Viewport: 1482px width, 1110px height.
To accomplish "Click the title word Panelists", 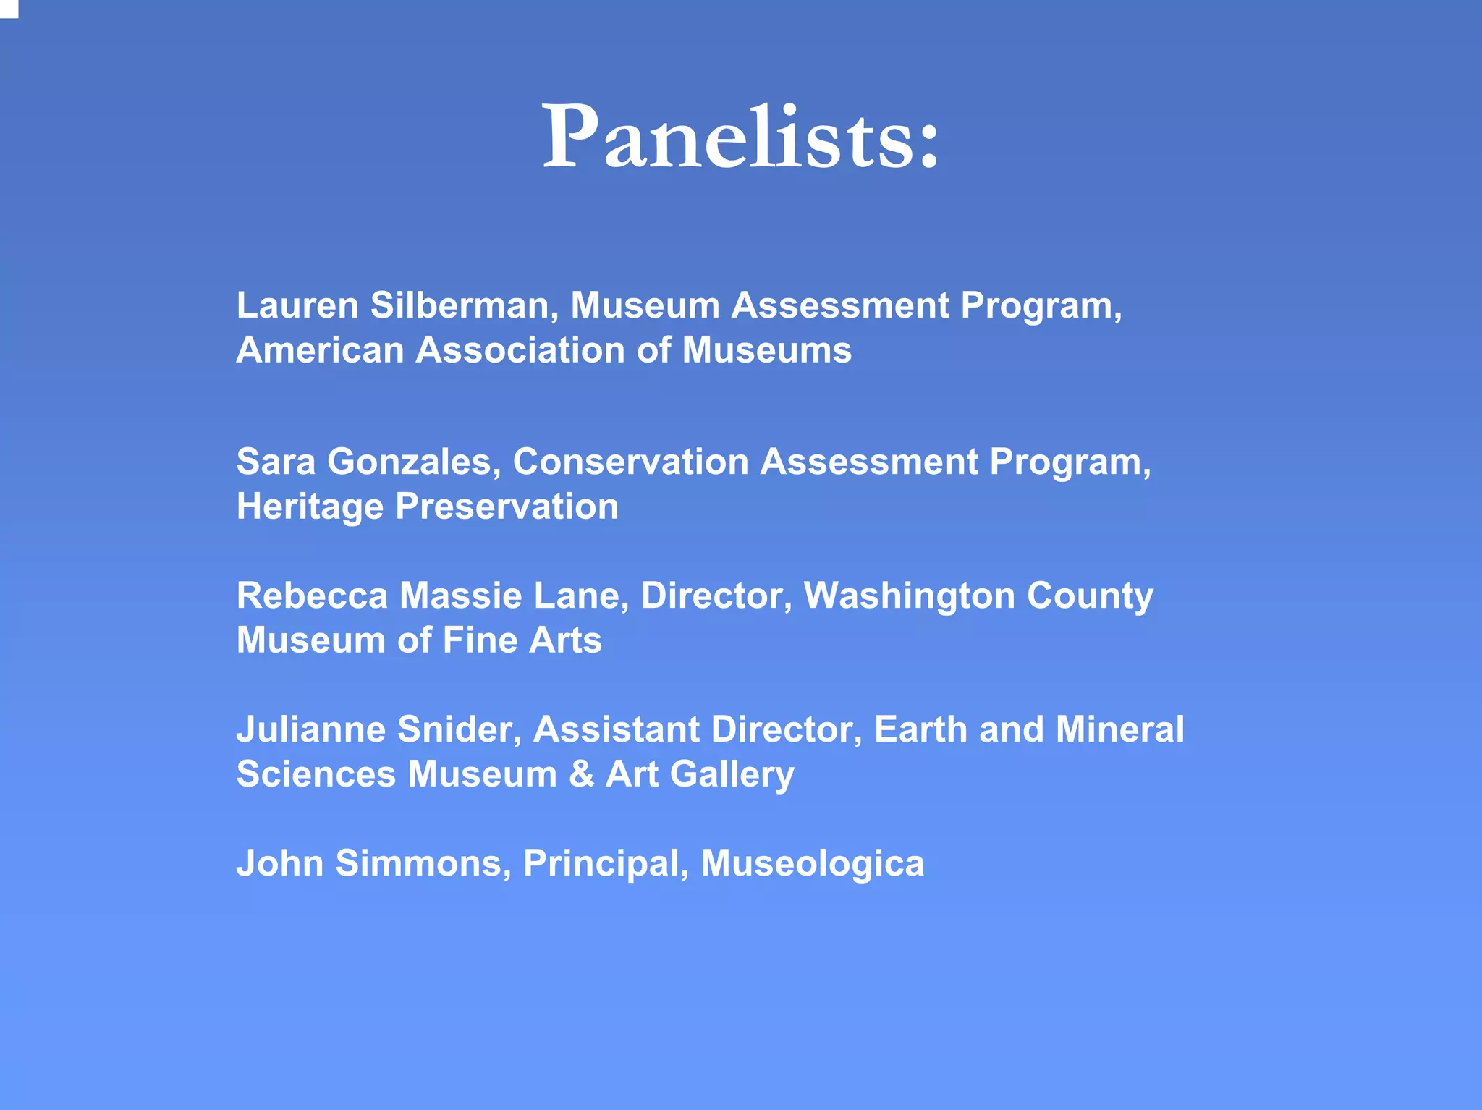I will [741, 137].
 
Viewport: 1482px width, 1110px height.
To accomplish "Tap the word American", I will [320, 350].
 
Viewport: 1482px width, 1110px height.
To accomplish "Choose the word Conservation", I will [630, 462].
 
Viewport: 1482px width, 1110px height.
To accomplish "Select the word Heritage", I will [310, 507].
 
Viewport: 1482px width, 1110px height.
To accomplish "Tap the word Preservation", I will [507, 507].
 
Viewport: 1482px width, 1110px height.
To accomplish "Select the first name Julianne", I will [311, 729].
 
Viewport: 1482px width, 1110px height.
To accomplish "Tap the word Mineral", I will [1119, 729].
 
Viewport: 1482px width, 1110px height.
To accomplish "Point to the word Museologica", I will [812, 864].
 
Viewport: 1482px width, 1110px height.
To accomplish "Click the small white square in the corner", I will [8, 8].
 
